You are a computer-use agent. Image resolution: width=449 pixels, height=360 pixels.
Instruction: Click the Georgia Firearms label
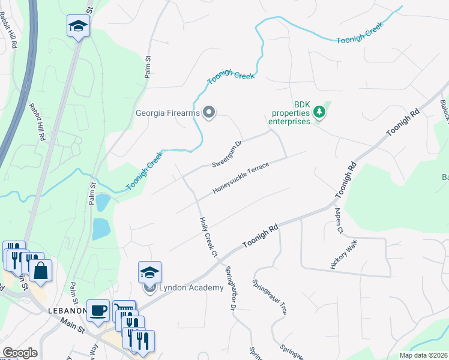pyautogui.click(x=167, y=113)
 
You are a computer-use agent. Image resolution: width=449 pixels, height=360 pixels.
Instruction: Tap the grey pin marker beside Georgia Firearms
pyautogui.click(x=209, y=113)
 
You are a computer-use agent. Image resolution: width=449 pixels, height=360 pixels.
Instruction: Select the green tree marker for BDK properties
pyautogui.click(x=319, y=112)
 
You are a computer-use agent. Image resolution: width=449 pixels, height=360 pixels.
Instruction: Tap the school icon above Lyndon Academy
pyautogui.click(x=149, y=273)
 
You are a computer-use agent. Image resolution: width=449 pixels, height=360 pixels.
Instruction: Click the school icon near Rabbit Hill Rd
pyautogui.click(x=79, y=26)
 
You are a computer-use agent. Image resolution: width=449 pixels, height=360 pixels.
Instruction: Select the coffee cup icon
pyautogui.click(x=98, y=311)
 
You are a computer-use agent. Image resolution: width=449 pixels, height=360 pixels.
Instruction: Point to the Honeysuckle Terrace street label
pyautogui.click(x=241, y=179)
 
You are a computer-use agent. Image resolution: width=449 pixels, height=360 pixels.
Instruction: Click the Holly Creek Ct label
pyautogui.click(x=208, y=238)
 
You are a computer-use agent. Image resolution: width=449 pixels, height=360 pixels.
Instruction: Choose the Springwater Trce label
pyautogui.click(x=270, y=298)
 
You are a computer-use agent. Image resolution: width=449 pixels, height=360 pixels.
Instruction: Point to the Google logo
pyautogui.click(x=20, y=353)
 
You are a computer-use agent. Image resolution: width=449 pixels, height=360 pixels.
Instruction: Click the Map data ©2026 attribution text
pyautogui.click(x=423, y=355)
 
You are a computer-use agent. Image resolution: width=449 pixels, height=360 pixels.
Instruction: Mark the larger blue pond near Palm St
pyautogui.click(x=101, y=229)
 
